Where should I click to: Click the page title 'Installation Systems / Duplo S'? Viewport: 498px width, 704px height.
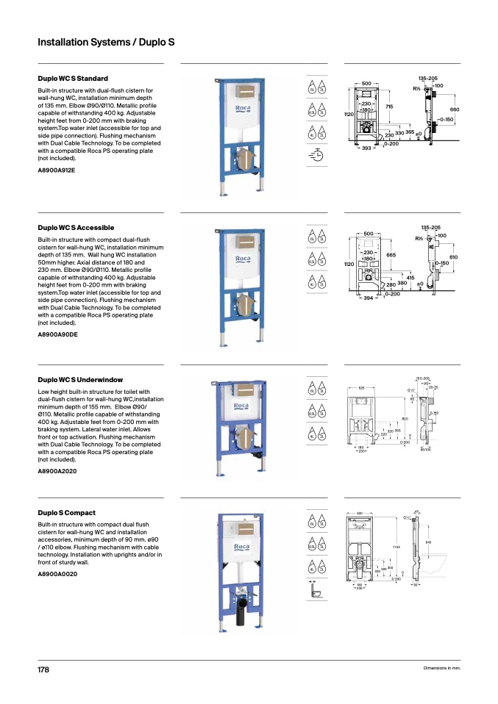[x=106, y=43]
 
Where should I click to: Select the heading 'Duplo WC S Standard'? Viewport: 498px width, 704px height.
[x=73, y=79]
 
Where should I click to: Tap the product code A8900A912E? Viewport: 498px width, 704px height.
[x=56, y=170]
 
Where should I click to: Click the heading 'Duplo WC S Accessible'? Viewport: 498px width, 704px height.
[x=76, y=228]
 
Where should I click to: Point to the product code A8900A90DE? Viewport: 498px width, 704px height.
[x=57, y=334]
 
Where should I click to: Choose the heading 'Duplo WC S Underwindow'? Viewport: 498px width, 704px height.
[x=79, y=380]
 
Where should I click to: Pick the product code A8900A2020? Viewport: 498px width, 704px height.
[x=56, y=471]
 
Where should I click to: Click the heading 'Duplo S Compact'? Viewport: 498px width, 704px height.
[x=66, y=512]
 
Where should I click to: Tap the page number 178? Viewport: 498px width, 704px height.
[x=43, y=670]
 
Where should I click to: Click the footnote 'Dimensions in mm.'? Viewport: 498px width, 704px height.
[x=441, y=668]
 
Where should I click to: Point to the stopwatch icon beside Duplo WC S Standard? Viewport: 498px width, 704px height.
[x=317, y=155]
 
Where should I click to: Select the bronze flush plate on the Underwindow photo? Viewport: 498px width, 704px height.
[x=242, y=390]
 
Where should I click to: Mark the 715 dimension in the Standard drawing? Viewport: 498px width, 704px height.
[x=389, y=107]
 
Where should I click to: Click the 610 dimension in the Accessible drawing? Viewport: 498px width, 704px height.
[x=454, y=256]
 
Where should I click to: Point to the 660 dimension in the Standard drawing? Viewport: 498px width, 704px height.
[x=454, y=109]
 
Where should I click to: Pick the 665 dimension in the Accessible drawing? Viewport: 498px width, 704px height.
[x=391, y=254]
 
